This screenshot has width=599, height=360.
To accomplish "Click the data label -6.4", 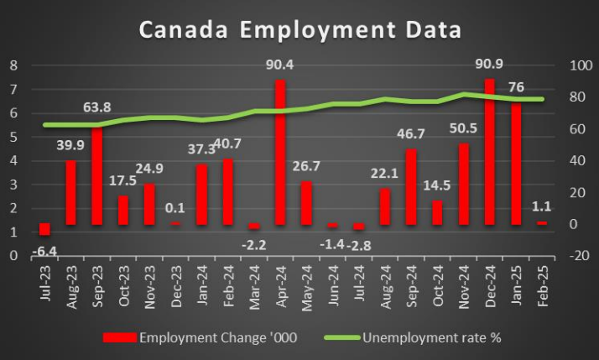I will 43,249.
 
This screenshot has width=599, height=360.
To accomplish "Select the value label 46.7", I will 411,134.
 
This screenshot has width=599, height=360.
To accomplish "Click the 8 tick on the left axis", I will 13,65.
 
